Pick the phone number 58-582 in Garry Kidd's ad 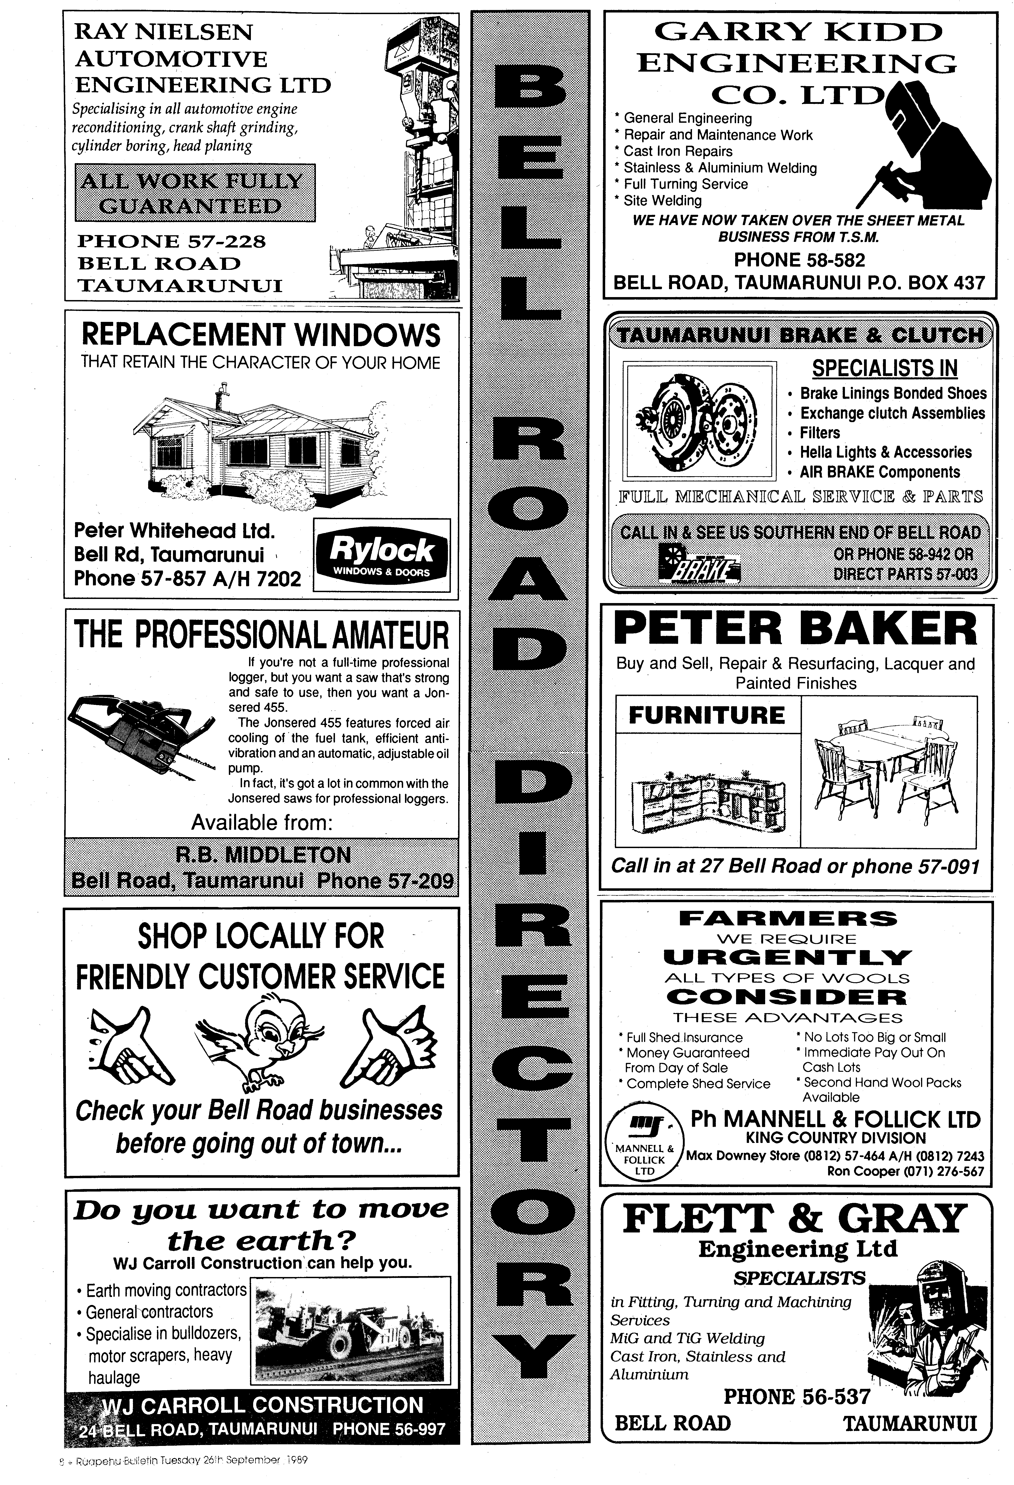point(799,260)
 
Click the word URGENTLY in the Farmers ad point(787,957)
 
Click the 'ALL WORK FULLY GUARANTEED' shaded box point(195,193)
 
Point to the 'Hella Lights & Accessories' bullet point(886,452)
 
